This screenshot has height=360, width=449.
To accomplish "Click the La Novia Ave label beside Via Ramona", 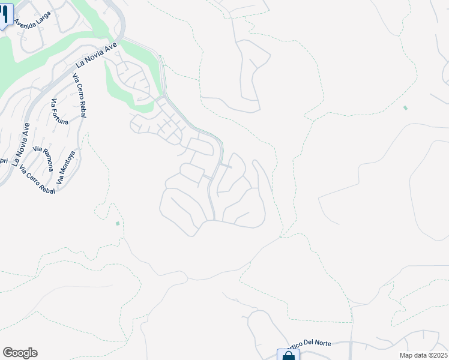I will (20, 144).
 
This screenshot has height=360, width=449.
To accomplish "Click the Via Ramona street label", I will (43, 158).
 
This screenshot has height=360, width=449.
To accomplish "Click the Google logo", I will (20, 353).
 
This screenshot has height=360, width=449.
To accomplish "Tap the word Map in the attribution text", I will (408, 355).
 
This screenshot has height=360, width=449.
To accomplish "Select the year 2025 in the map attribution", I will (439, 355).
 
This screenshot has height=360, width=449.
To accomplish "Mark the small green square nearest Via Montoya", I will (118, 224).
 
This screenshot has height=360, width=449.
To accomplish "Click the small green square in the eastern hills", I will (405, 108).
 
